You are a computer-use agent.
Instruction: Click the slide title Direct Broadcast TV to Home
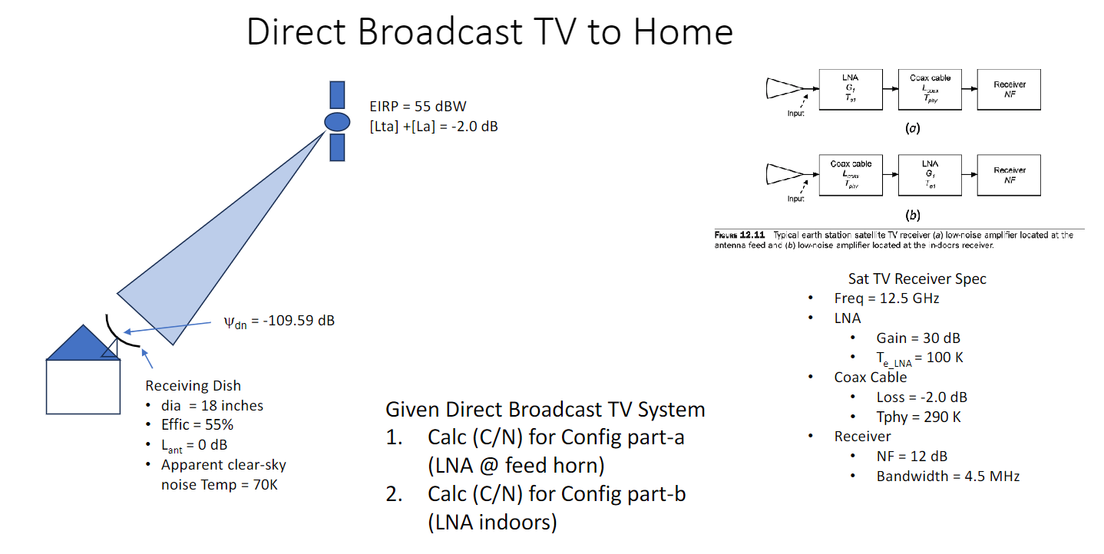tap(489, 32)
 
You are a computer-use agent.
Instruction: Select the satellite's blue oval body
tap(336, 121)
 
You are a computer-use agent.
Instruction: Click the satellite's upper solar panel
tap(337, 94)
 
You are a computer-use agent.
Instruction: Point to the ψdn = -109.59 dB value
tap(279, 321)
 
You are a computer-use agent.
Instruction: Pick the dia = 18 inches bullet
tap(212, 405)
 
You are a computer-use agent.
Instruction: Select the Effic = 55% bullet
tap(197, 425)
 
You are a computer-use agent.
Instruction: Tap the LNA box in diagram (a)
tap(850, 89)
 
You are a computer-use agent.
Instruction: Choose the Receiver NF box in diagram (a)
tap(1009, 89)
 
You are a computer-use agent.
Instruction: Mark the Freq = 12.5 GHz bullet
tap(887, 298)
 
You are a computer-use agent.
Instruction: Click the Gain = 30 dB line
tap(918, 338)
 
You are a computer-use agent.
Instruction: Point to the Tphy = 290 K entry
tap(918, 417)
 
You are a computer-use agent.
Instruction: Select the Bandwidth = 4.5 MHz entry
tap(947, 476)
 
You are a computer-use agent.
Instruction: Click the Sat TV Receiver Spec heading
tap(917, 279)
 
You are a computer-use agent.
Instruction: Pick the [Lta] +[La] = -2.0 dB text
tap(434, 126)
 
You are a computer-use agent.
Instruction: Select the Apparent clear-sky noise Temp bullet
tap(223, 474)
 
